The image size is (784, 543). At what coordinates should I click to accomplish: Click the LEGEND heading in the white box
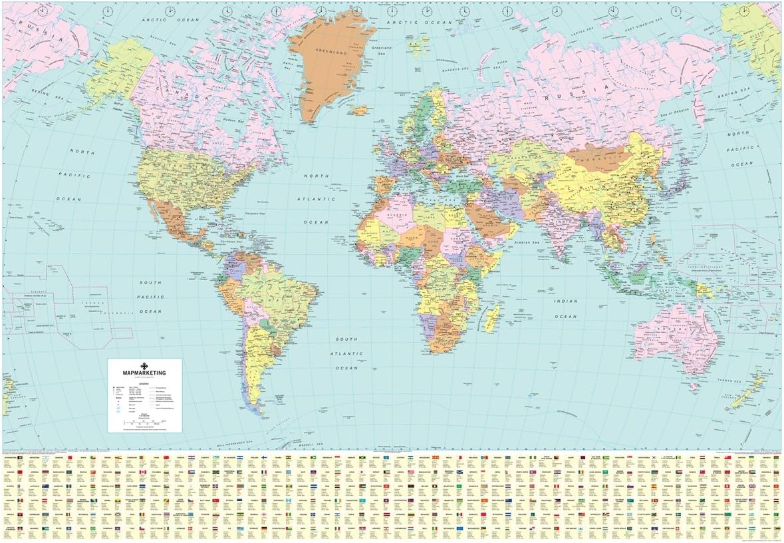144,382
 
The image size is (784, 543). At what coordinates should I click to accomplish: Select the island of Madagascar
491,318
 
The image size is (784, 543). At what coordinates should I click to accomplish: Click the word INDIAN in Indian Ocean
565,301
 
